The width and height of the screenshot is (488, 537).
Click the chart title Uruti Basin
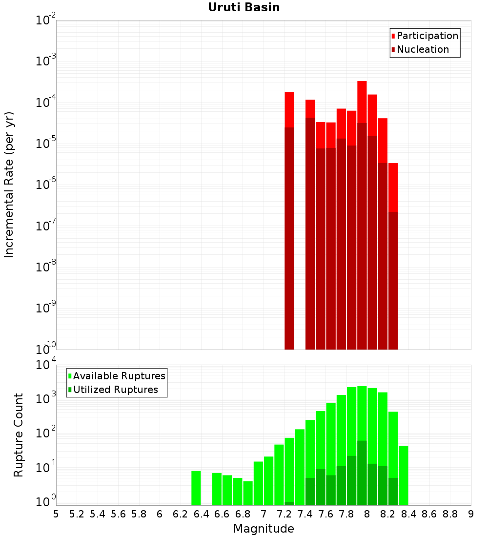tap(244, 7)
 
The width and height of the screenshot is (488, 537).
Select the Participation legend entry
tap(427, 36)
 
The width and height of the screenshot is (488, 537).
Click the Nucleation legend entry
tap(422, 49)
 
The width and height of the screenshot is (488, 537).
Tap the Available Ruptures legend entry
tap(119, 376)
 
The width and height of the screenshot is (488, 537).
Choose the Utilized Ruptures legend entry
tap(115, 390)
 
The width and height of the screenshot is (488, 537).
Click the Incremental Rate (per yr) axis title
tap(9, 185)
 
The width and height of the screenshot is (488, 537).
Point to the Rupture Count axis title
tap(19, 434)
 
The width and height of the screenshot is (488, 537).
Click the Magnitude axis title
tap(264, 528)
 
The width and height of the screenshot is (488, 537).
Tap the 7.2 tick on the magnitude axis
tap(284, 514)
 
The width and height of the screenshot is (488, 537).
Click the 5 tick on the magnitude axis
tap(56, 514)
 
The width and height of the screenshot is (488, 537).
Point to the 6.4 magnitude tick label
tap(201, 514)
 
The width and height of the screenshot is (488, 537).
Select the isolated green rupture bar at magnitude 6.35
tap(196, 488)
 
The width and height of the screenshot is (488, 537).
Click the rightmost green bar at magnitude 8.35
tap(404, 475)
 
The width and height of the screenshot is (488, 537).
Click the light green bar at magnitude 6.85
tap(248, 493)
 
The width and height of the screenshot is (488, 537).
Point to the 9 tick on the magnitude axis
tap(471, 514)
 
